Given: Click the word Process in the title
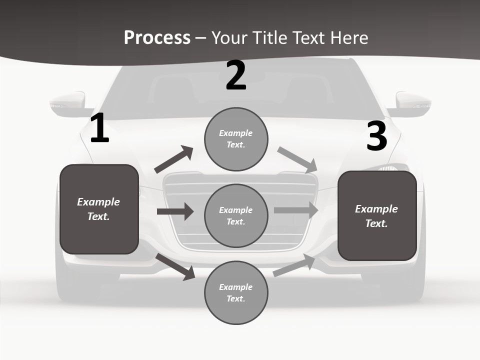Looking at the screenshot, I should [x=157, y=37].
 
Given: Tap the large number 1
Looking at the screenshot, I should [x=99, y=128].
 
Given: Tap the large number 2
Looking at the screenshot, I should [x=236, y=75].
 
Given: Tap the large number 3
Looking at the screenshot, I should [x=376, y=136].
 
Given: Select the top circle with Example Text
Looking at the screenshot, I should [x=236, y=138].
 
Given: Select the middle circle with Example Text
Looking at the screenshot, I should [x=236, y=215].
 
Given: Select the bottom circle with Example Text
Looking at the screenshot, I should [x=236, y=292].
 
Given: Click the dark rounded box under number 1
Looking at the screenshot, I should [x=99, y=209].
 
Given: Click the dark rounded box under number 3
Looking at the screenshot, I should [x=377, y=216].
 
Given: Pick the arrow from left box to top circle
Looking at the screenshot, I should [x=174, y=160].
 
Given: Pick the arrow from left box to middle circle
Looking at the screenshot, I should [x=175, y=211].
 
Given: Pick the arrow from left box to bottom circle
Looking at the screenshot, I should [x=176, y=266].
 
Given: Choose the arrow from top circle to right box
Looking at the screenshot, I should [x=297, y=159].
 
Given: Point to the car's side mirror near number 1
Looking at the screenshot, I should [x=67, y=103].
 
